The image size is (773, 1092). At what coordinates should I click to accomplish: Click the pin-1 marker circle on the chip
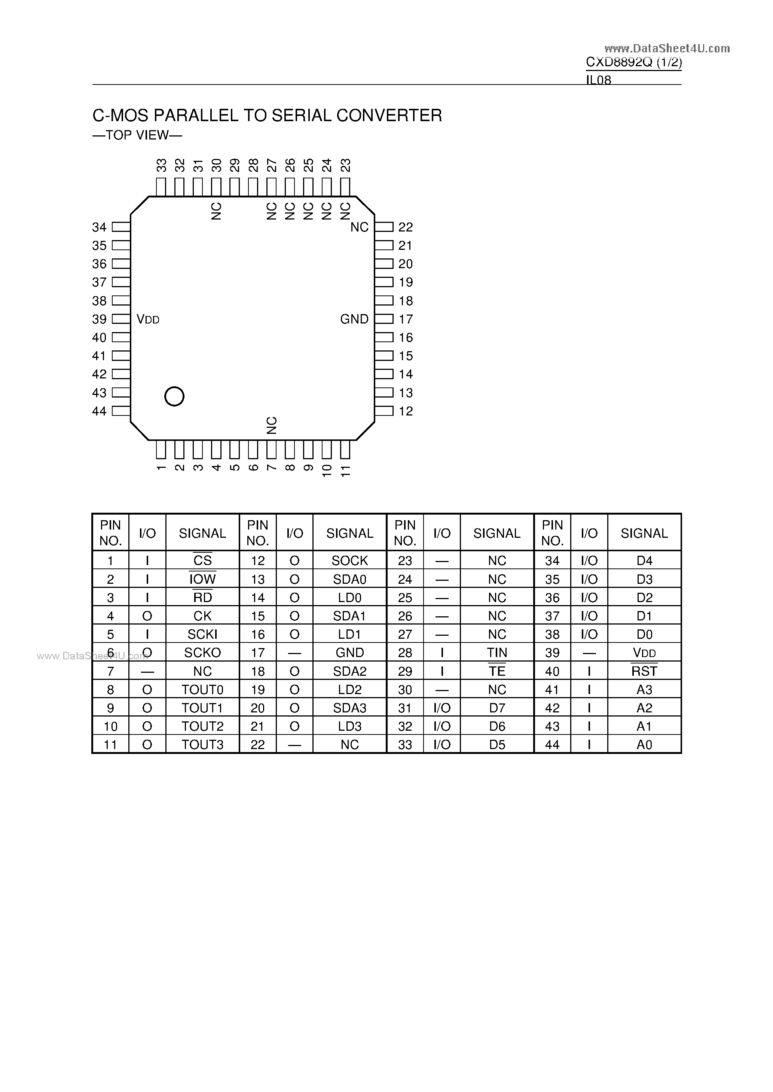click(x=174, y=396)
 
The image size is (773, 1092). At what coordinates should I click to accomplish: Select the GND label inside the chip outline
click(x=354, y=319)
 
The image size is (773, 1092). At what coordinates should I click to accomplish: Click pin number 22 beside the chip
click(x=406, y=227)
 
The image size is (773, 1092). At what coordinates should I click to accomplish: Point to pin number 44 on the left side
click(x=99, y=411)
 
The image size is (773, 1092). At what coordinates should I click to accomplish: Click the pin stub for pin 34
click(x=121, y=227)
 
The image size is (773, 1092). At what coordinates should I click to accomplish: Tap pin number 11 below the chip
click(x=346, y=471)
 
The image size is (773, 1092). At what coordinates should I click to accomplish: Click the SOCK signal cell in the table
click(x=349, y=561)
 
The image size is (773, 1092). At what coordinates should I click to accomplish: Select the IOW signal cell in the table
click(x=202, y=579)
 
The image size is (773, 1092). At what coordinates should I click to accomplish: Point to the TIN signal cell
click(x=497, y=653)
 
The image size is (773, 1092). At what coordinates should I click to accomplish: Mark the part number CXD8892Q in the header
click(x=619, y=62)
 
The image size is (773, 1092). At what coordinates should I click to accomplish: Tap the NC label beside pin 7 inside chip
click(x=271, y=425)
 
